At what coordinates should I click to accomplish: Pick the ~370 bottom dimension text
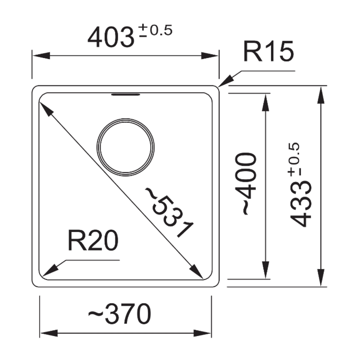[x=119, y=314]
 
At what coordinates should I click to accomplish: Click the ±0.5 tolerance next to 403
[x=154, y=31]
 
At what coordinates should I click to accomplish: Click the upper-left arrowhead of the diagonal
[x=46, y=109]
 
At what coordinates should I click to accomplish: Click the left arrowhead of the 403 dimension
[x=41, y=56]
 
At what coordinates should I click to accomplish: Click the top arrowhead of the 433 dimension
[x=320, y=95]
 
